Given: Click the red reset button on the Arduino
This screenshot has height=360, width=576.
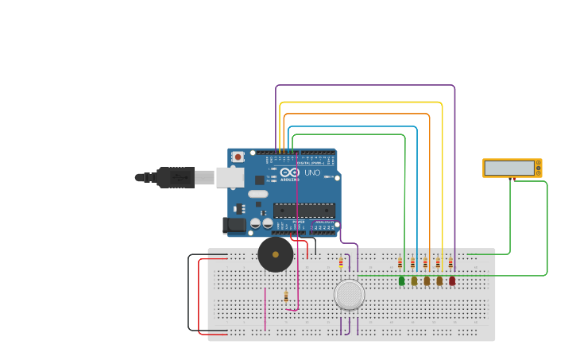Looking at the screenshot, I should click(x=238, y=157).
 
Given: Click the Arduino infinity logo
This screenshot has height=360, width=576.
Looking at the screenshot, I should click(x=289, y=172).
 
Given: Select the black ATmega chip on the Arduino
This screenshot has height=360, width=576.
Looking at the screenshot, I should click(x=303, y=210).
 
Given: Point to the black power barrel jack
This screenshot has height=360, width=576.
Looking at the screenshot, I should click(x=235, y=226).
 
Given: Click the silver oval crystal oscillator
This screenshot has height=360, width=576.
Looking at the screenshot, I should click(x=258, y=194).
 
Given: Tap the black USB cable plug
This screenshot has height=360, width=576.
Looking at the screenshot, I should click(x=176, y=177).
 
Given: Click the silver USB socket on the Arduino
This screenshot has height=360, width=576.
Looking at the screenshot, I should click(x=230, y=177).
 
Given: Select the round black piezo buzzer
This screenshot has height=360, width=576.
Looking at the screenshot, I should click(x=276, y=254).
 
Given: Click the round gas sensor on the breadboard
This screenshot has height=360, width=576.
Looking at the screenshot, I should click(x=350, y=294).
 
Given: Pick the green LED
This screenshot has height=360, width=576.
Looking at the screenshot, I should click(x=401, y=281).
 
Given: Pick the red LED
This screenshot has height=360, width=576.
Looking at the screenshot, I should click(x=452, y=281).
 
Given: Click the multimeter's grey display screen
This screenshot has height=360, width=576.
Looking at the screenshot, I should click(x=509, y=168).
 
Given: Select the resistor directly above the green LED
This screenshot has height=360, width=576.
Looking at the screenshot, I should click(x=400, y=263).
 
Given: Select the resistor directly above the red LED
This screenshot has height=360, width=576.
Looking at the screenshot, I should click(x=450, y=263).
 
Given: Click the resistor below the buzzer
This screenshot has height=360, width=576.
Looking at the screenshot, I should click(x=286, y=296).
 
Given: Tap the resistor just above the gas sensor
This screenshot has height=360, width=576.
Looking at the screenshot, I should click(x=341, y=263).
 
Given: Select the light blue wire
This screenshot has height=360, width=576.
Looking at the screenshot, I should click(x=358, y=126).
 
